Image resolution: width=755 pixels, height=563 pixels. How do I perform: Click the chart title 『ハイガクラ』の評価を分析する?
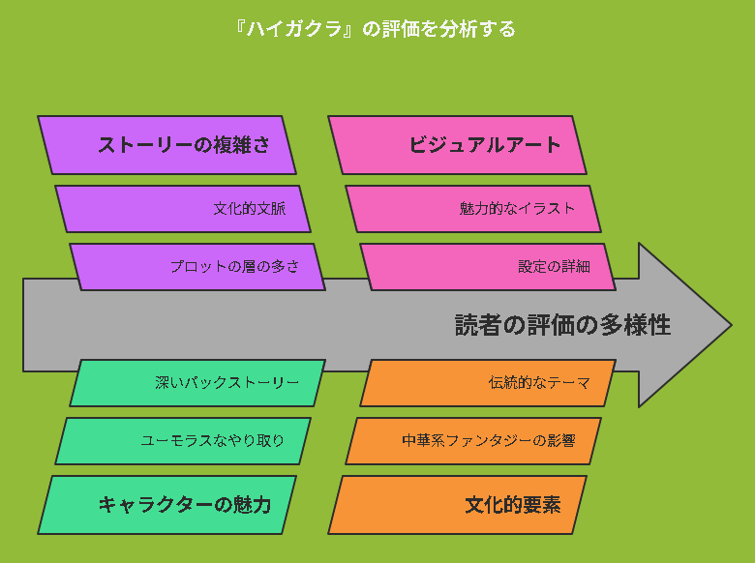click(377, 29)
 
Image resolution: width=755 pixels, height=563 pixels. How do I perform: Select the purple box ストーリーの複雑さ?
click(166, 145)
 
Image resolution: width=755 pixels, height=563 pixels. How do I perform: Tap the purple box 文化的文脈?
click(183, 209)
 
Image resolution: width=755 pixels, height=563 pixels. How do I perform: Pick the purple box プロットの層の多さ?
click(197, 267)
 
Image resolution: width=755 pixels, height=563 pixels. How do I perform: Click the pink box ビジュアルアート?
click(457, 145)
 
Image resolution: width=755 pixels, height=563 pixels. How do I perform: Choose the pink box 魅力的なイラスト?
click(473, 209)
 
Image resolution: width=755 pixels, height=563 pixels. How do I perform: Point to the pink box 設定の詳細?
click(488, 267)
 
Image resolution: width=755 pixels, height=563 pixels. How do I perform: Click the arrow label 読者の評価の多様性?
click(563, 325)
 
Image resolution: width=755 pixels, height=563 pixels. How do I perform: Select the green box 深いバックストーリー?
click(197, 383)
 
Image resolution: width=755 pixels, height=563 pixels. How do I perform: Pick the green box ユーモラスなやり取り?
click(183, 441)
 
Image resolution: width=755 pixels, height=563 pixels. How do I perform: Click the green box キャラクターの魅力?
click(166, 505)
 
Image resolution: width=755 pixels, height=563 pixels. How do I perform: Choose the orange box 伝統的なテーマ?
click(488, 383)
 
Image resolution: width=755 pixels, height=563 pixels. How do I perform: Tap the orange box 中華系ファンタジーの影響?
click(473, 441)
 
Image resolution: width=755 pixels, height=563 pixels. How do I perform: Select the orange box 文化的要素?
click(457, 505)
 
